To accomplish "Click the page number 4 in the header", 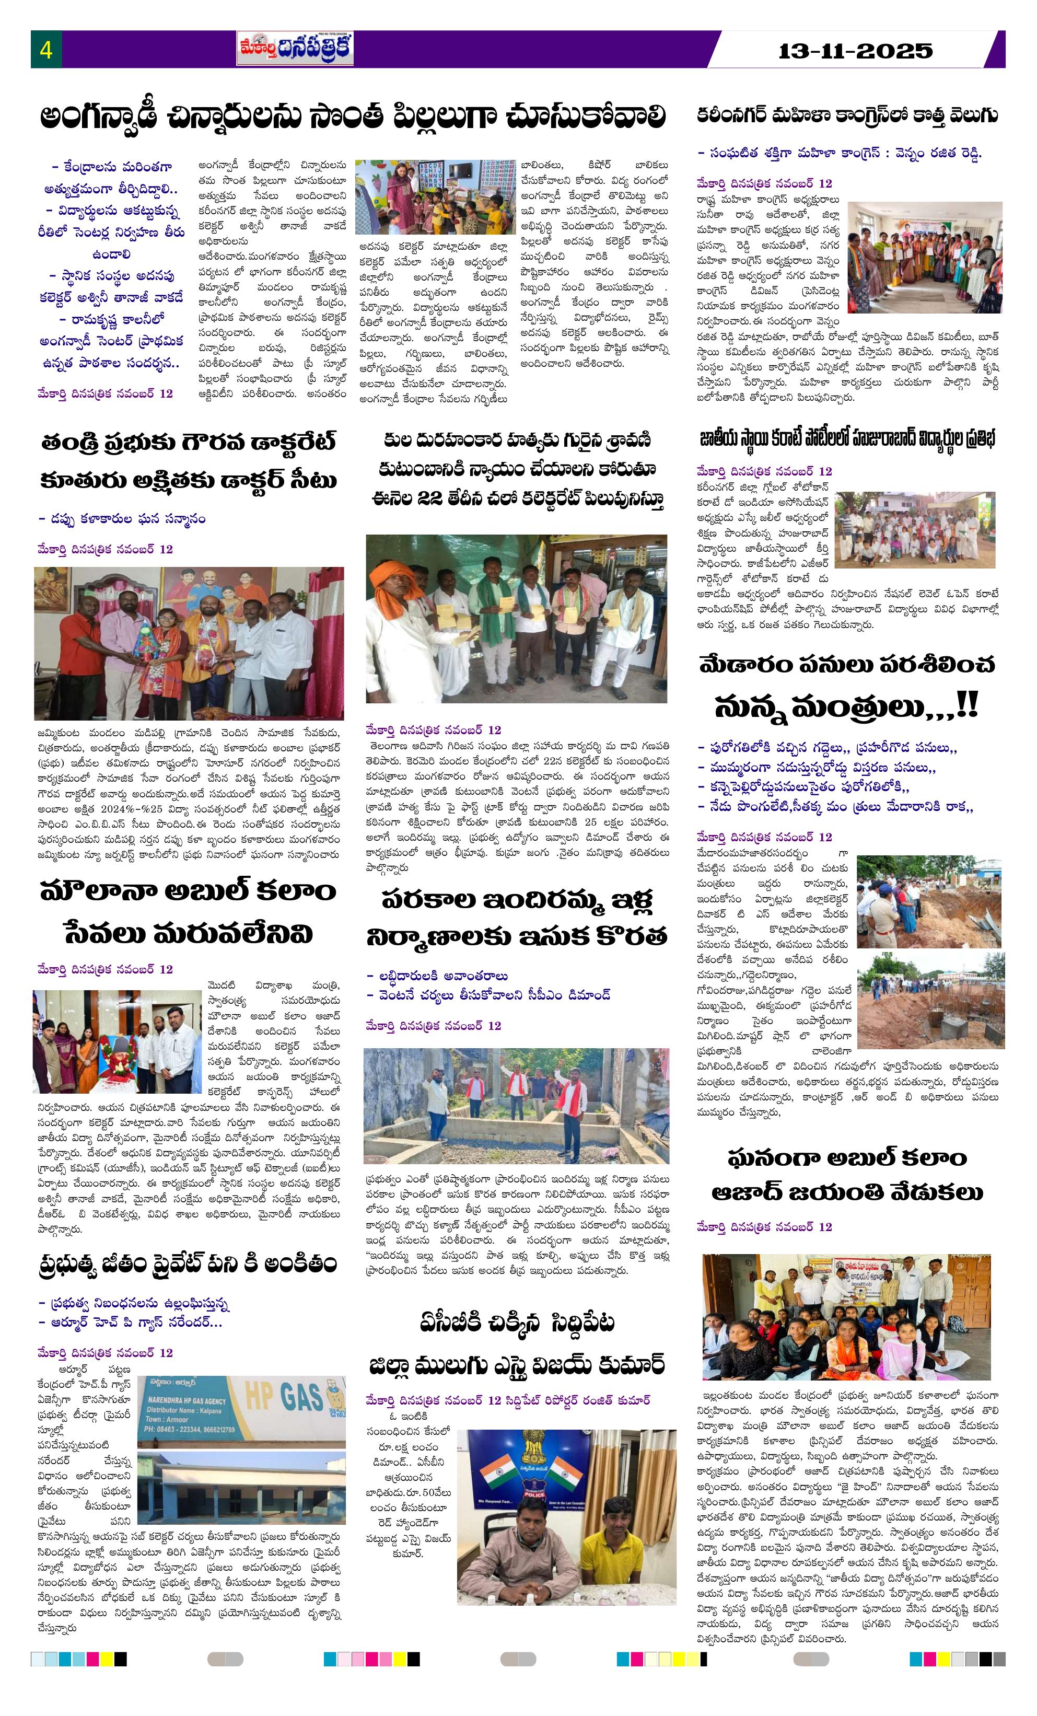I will tap(46, 50).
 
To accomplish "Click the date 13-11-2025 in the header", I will tap(855, 51).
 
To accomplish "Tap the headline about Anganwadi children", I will tap(352, 117).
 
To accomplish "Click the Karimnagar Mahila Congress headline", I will tap(847, 115).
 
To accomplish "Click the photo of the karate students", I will tap(914, 529).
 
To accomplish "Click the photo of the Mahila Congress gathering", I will tap(924, 257).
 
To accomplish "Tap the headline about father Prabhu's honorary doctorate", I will tap(189, 462).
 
